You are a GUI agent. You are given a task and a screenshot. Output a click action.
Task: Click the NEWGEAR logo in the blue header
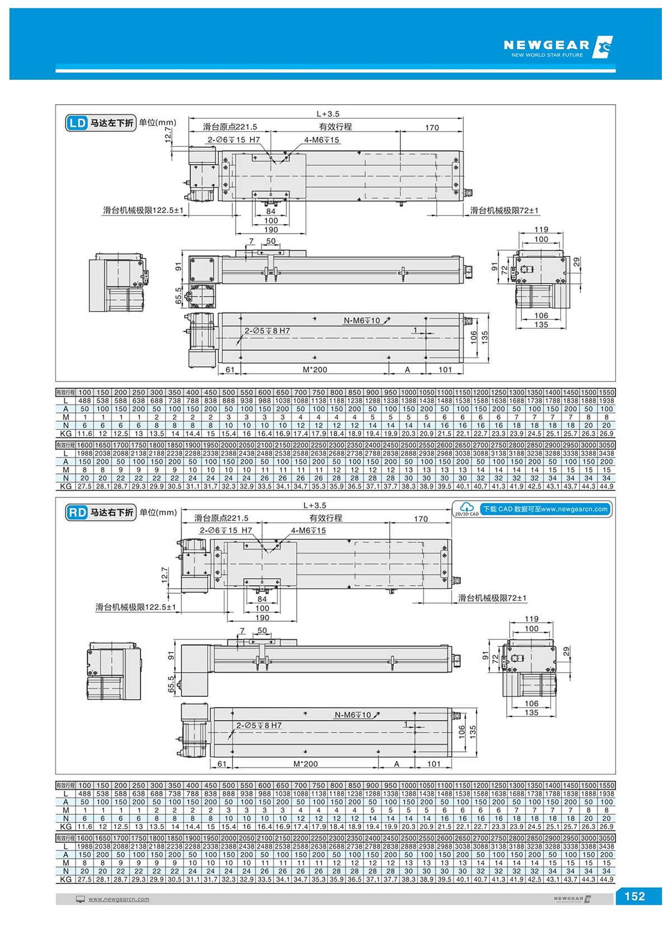pos(558,47)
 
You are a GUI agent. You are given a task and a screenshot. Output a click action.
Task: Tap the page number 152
pos(634,896)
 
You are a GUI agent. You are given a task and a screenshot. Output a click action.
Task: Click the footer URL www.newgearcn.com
pos(119,899)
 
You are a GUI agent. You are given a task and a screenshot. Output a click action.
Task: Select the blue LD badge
pos(77,123)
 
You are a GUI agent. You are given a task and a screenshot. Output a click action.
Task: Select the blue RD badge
pos(77,512)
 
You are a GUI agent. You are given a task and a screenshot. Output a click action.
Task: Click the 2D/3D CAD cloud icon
pos(466,509)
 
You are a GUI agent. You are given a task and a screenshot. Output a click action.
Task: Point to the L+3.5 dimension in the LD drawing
pos(328,114)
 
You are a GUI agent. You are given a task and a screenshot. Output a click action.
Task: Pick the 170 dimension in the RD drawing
pos(421,519)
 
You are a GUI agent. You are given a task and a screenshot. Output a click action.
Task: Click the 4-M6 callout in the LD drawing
pos(321,139)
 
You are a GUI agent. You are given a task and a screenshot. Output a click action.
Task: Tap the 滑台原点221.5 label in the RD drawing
pos(221,518)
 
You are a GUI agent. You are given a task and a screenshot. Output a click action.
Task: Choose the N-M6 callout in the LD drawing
pos(362,320)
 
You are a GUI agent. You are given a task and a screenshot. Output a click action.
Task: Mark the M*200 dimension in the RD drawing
pos(305,763)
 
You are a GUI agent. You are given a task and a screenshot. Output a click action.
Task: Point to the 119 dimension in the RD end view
pos(531,619)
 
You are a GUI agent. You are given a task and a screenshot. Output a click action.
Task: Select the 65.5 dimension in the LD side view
pos(179,296)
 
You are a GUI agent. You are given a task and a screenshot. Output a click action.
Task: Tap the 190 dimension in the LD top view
pos(271,230)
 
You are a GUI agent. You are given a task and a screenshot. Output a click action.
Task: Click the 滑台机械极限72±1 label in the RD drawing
pos(492,598)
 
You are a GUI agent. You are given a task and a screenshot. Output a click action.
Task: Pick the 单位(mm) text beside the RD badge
pos(158,512)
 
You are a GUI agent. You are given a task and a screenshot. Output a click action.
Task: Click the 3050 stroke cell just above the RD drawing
pos(606,445)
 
